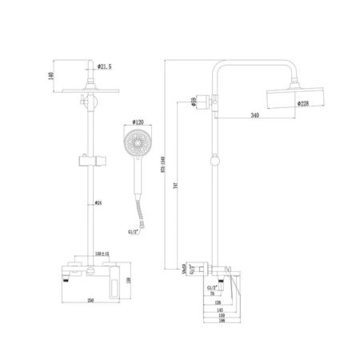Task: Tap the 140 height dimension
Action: [x=50, y=76]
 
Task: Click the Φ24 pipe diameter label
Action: [x=98, y=202]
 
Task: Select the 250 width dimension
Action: [x=92, y=301]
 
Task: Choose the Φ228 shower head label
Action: [x=304, y=102]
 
